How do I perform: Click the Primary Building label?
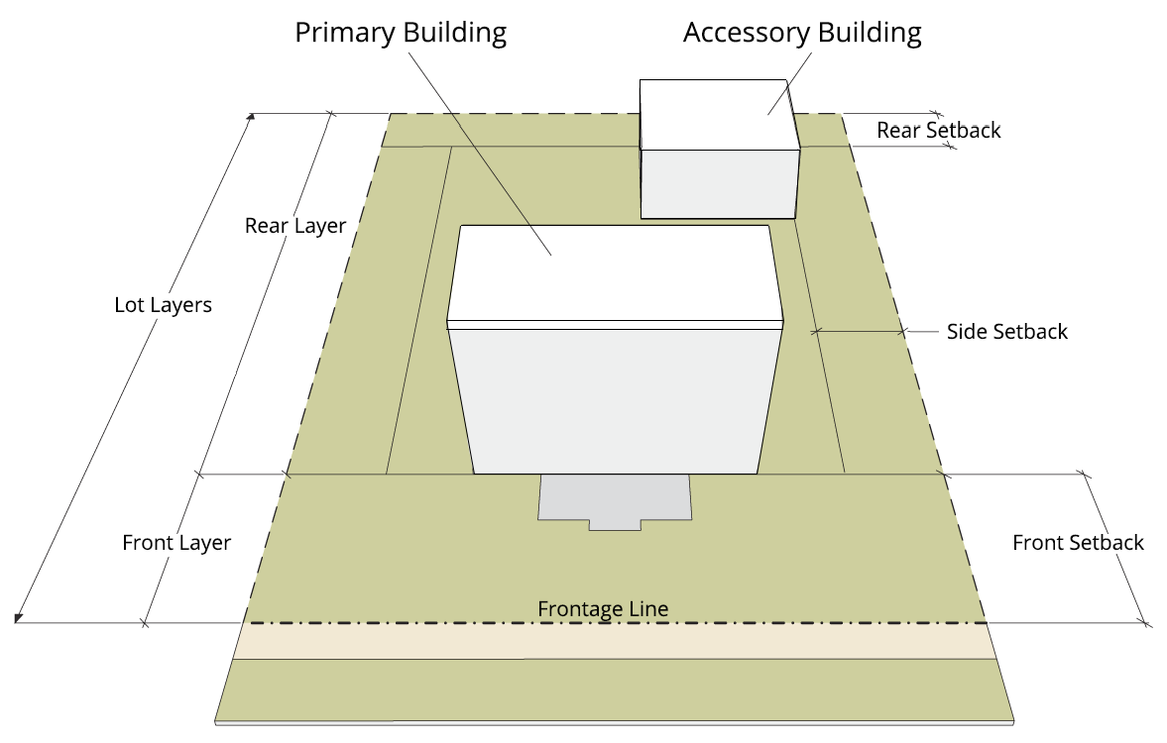tap(401, 32)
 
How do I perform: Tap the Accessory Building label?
tap(802, 32)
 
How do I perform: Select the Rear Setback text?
tap(938, 130)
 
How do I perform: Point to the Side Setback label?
tap(1006, 331)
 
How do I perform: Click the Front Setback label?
tap(1078, 542)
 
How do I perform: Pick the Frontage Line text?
tap(603, 608)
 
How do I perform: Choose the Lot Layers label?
tap(163, 304)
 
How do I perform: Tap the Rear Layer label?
tap(295, 226)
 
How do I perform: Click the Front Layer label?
tap(176, 543)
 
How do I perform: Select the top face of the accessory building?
tap(718, 114)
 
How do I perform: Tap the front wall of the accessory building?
tap(720, 183)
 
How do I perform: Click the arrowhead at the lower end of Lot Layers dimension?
tap(18, 619)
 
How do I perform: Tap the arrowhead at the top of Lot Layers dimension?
tap(251, 117)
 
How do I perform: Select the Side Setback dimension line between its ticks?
tap(859, 330)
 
